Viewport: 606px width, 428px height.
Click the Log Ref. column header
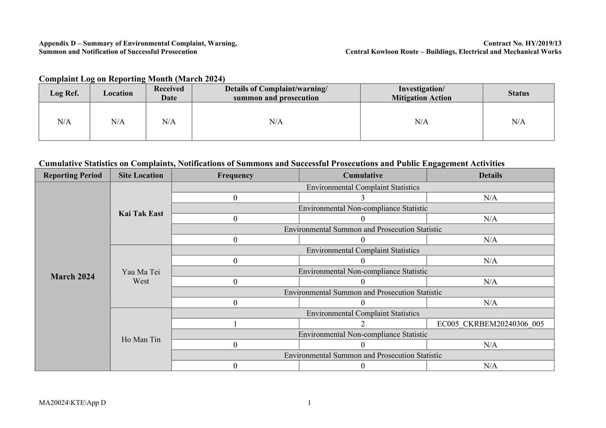64,93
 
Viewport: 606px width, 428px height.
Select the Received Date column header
169,93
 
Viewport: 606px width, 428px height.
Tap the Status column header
518,93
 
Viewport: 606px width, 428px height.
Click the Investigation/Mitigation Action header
421,93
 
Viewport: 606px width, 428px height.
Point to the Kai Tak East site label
141,213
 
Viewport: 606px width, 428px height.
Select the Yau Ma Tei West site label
141,276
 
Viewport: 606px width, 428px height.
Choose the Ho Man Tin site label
141,339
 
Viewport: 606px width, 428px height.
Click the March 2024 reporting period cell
73,276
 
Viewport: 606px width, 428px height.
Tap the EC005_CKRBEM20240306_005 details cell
490,324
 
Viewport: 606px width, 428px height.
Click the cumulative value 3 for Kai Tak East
363,198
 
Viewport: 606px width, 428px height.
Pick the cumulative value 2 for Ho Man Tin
363,324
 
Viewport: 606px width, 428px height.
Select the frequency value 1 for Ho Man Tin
235,324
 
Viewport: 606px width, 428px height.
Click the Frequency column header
235,175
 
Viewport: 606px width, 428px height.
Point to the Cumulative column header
363,175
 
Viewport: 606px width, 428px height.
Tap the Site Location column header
141,175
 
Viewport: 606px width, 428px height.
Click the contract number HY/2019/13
522,43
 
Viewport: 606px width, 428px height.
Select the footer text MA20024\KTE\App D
72,403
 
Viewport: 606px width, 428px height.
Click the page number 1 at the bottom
309,403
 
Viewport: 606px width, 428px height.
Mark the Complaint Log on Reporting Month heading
132,79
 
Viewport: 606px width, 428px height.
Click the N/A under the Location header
118,122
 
